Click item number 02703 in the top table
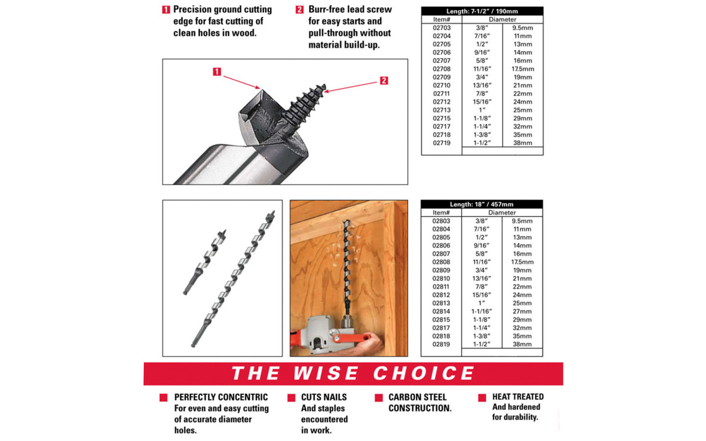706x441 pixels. [x=441, y=28]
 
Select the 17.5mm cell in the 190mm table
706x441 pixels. [x=522, y=69]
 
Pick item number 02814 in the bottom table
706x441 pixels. [x=441, y=311]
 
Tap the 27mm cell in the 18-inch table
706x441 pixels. [x=522, y=311]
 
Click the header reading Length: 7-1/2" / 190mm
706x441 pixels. [x=482, y=11]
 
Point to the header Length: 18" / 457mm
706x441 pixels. [x=481, y=204]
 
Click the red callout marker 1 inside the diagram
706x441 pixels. [x=217, y=72]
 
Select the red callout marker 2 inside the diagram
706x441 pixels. [x=384, y=81]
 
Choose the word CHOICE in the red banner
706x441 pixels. [x=424, y=374]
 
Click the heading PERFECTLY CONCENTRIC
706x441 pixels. [x=221, y=397]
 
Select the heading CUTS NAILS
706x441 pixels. [x=323, y=397]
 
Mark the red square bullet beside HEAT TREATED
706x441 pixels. [x=482, y=398]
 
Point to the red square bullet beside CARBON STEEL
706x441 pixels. [x=379, y=398]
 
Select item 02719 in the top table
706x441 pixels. [x=441, y=143]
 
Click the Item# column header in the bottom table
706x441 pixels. [x=441, y=212]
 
